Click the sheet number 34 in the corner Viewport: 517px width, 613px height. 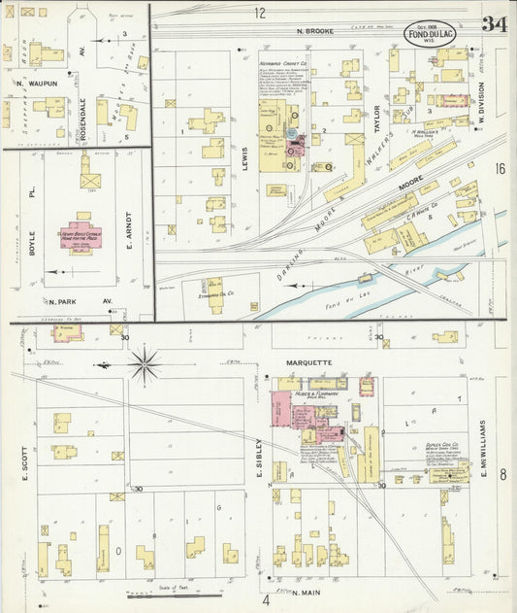point(494,24)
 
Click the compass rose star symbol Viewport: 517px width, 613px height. point(145,366)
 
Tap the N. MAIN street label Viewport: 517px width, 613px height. point(305,590)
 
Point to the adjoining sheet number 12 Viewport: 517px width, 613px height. point(260,13)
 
